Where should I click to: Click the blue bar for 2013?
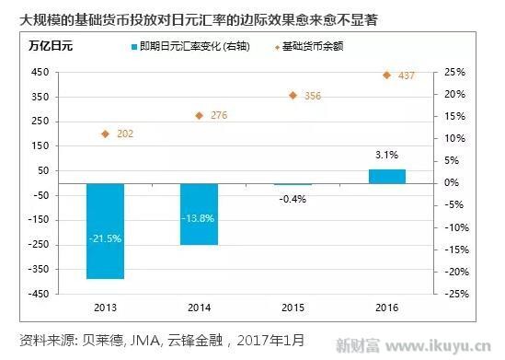tap(105, 230)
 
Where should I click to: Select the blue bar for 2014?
tap(199, 214)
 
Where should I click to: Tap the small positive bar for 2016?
tap(386, 176)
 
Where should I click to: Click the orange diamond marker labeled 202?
tap(106, 134)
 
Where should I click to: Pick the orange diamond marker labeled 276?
tap(199, 115)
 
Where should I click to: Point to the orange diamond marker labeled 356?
tap(293, 95)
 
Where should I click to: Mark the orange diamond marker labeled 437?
tap(386, 75)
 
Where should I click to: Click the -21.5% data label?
tap(105, 238)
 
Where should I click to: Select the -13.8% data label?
tap(199, 217)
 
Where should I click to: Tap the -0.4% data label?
tap(293, 199)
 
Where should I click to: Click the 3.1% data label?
tap(386, 155)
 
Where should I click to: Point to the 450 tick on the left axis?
tap(40, 72)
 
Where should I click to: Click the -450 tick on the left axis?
tap(39, 294)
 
